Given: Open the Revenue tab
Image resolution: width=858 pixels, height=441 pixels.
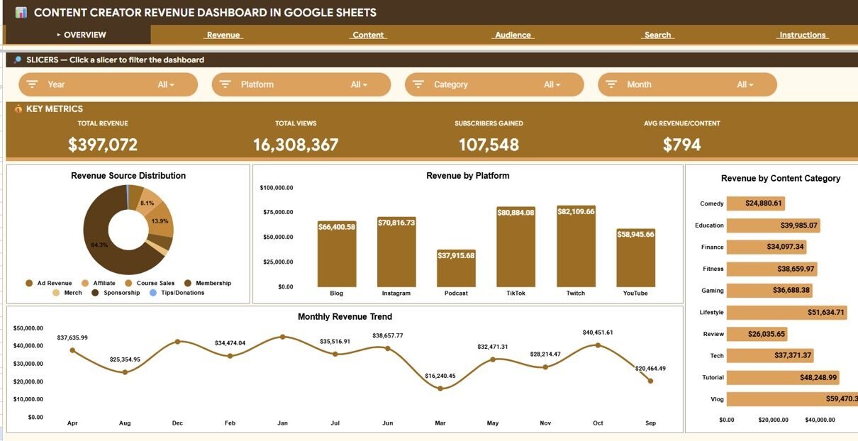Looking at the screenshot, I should (x=223, y=35).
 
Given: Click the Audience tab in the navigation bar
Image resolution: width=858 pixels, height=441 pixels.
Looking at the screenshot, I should (x=513, y=35).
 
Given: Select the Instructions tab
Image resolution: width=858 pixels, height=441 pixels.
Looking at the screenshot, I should (x=803, y=35).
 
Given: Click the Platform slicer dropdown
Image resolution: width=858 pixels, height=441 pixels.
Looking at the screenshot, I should (x=301, y=84).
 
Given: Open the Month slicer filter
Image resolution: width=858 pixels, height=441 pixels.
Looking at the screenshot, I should (x=687, y=84).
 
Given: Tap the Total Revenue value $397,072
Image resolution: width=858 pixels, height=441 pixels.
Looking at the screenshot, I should (x=103, y=145).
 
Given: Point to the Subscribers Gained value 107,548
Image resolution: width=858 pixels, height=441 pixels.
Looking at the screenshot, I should (x=489, y=145).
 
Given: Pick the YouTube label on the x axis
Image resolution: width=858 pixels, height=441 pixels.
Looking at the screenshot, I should (x=635, y=293).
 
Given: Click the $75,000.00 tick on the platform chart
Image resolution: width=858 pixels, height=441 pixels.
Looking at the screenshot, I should (x=277, y=212).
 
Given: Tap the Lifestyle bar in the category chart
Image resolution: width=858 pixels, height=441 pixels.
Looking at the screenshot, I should (x=787, y=312).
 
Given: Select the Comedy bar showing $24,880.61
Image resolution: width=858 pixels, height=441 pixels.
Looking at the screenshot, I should (x=756, y=203).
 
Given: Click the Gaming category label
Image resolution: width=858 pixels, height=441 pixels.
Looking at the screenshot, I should (x=713, y=291).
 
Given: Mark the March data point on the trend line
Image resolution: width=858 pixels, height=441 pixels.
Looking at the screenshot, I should (x=440, y=389).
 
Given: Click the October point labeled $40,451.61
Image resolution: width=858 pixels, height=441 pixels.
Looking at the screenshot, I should (x=598, y=345).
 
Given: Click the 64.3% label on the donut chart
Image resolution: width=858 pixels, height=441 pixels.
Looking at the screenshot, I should (x=99, y=245).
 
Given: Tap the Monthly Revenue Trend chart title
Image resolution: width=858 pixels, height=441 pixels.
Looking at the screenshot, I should (x=345, y=317).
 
